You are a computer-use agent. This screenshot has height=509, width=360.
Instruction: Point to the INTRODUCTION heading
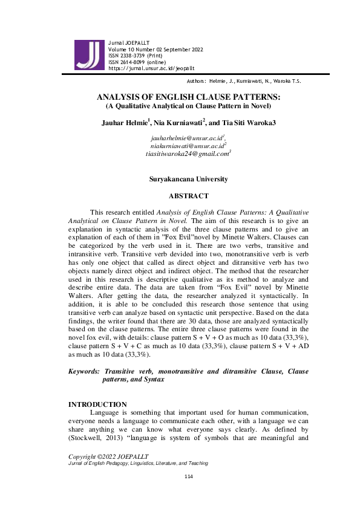click(97, 404)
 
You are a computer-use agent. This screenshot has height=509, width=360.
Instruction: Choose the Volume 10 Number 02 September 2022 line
click(155, 49)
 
